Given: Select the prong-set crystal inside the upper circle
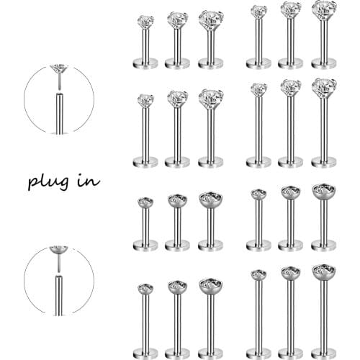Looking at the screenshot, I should point(58,71).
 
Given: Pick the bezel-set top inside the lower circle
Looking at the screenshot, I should point(58,251).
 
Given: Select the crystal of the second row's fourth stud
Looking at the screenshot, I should point(258,89).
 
